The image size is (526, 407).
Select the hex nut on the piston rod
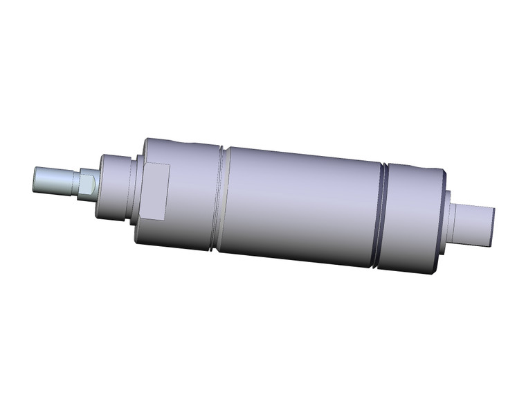click(87, 185)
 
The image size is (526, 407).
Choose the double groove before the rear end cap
click(383, 215)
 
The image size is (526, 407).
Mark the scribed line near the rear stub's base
click(460, 222)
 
